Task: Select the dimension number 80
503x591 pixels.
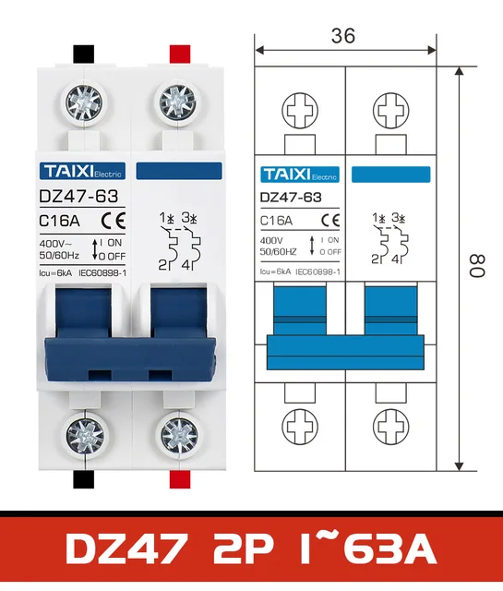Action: (474, 268)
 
